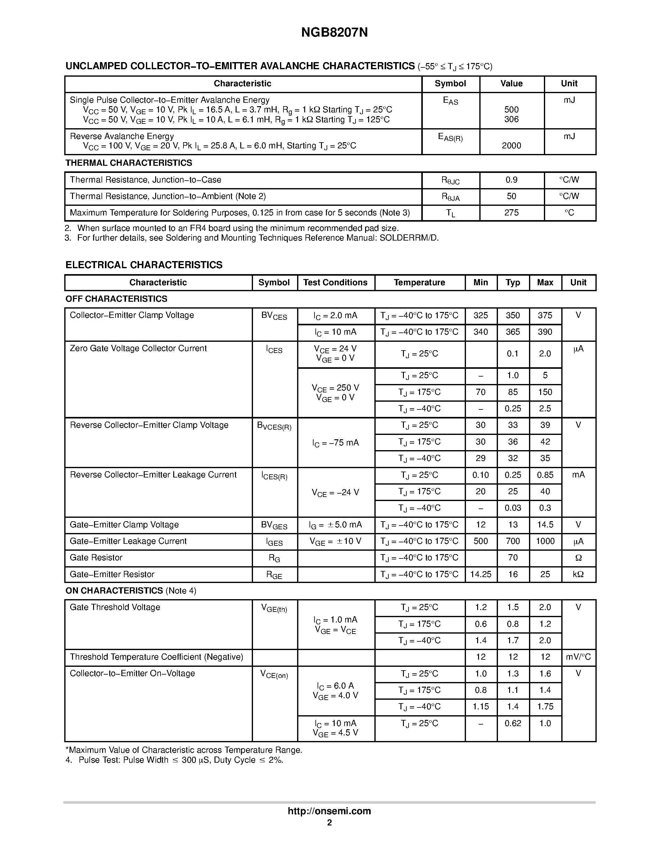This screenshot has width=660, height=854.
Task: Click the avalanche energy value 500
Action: (x=511, y=110)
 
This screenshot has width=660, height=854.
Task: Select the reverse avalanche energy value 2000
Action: (x=511, y=146)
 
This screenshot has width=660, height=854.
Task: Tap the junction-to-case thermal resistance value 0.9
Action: (x=511, y=180)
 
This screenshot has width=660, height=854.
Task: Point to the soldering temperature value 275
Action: (x=511, y=213)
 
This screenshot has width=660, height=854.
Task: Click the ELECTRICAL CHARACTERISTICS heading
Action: (x=144, y=265)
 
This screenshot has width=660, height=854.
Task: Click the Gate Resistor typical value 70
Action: (x=513, y=558)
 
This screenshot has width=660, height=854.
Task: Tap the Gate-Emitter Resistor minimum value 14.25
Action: (x=481, y=574)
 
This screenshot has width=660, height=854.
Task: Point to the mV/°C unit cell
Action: (x=578, y=657)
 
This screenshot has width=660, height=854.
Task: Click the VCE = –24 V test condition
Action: (x=336, y=493)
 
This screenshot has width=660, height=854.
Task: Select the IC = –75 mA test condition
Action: (x=336, y=443)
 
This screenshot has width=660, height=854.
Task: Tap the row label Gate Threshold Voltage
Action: (x=115, y=607)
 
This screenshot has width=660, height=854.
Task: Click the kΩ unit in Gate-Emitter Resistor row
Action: (x=578, y=574)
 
